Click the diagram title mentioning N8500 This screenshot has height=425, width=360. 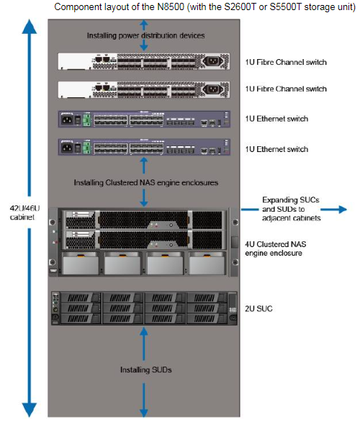click(x=204, y=6)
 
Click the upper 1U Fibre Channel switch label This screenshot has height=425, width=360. click(x=286, y=62)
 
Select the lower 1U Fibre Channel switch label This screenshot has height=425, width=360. click(x=286, y=89)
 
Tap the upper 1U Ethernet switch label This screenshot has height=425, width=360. click(x=276, y=119)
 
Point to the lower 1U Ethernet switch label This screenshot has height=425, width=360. click(x=276, y=149)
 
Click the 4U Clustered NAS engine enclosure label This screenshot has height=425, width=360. click(x=276, y=249)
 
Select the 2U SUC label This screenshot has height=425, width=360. click(x=258, y=309)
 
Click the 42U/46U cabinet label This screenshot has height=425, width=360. click(x=24, y=212)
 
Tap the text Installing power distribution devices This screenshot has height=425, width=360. click(x=145, y=35)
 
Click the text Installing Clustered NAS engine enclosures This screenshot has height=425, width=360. click(x=146, y=183)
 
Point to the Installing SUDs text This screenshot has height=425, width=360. click(x=146, y=370)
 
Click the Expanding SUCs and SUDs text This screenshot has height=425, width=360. click(x=291, y=209)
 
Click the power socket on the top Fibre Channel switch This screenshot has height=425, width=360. click(x=213, y=61)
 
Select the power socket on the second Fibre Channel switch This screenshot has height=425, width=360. click(x=213, y=89)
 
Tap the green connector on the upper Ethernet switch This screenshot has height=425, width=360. click(x=86, y=120)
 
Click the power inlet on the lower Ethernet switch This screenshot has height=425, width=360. click(x=67, y=148)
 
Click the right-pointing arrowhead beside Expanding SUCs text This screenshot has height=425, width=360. click(x=343, y=209)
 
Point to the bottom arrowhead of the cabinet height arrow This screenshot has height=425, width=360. click(x=30, y=410)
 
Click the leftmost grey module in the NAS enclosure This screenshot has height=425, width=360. click(x=80, y=264)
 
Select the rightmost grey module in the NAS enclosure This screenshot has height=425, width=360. click(x=207, y=264)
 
